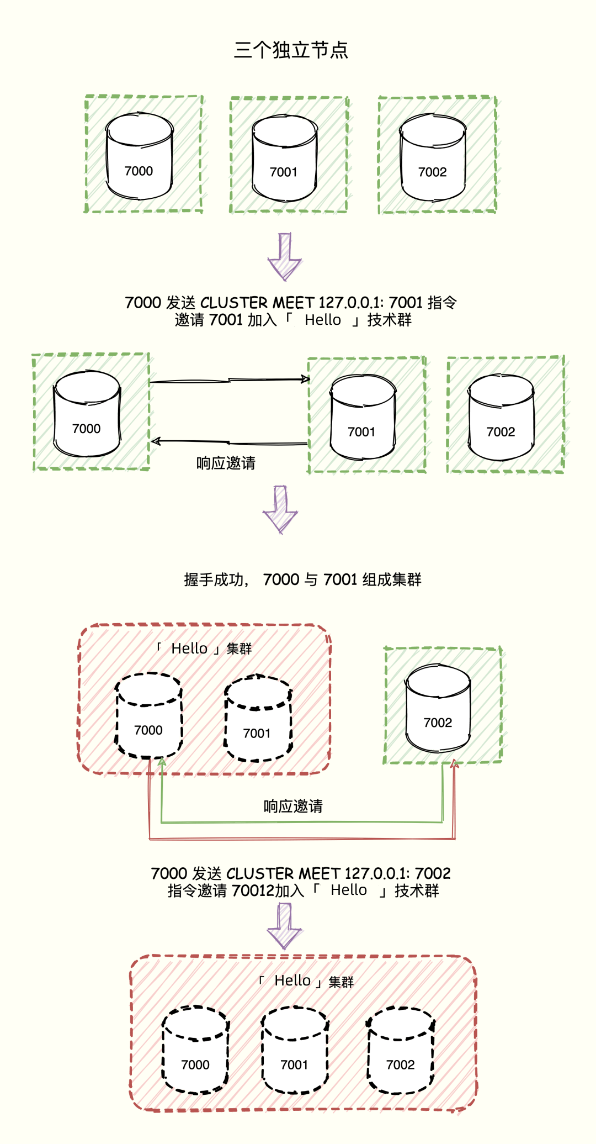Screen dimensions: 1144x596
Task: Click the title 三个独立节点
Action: point(291,50)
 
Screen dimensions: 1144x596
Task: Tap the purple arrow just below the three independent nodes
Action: point(285,257)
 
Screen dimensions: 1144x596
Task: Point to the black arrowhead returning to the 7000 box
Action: point(156,441)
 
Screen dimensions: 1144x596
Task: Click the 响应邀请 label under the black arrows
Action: point(226,463)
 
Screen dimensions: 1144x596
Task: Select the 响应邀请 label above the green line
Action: point(293,806)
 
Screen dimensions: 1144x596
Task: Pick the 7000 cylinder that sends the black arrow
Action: point(87,414)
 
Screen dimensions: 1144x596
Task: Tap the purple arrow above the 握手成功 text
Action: point(280,509)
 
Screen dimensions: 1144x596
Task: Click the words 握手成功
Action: point(214,579)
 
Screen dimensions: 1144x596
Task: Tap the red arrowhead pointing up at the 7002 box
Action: point(454,764)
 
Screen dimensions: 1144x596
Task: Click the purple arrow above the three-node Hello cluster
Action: point(285,926)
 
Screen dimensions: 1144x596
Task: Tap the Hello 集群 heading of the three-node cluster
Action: point(307,981)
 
